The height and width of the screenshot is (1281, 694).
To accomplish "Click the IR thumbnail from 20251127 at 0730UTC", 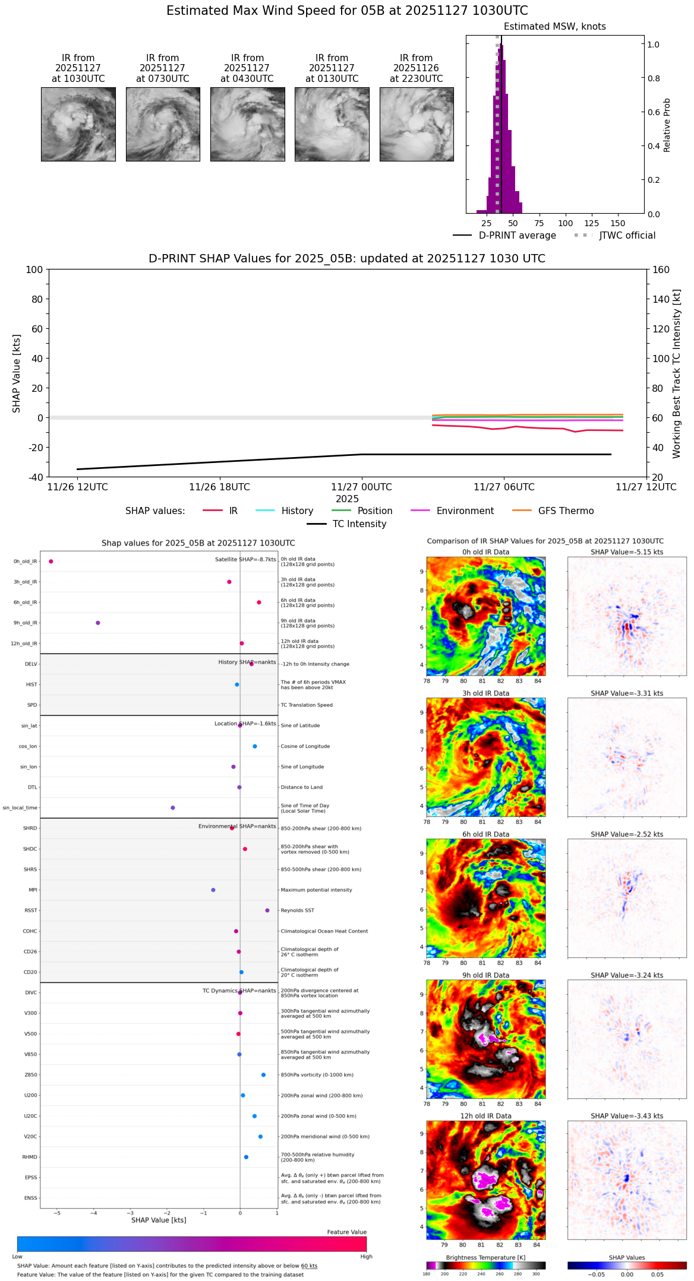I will tap(163, 124).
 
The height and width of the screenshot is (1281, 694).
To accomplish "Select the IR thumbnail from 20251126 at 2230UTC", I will tap(417, 124).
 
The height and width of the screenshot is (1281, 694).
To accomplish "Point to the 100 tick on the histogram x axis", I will tap(566, 223).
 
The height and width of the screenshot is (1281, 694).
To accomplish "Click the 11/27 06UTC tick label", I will tap(504, 487).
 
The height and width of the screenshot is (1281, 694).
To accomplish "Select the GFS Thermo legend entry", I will tap(566, 511).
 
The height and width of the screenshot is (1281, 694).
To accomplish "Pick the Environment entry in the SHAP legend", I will tap(465, 511).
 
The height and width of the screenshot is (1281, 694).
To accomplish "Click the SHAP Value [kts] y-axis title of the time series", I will tap(17, 373).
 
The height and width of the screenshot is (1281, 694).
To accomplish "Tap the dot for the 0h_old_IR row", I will tap(51, 561).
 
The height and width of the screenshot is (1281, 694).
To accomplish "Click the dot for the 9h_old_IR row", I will tap(98, 623).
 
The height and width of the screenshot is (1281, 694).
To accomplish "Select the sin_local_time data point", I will tap(173, 807).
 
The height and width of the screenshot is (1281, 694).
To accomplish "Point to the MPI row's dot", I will tap(213, 890).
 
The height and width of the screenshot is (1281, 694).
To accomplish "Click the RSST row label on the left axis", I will tap(31, 911).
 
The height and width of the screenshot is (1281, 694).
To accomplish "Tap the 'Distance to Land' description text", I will tap(301, 787).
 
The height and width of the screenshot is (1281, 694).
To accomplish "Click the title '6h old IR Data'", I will tap(485, 834).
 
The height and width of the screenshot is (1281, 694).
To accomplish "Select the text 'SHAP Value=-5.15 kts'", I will tap(627, 552).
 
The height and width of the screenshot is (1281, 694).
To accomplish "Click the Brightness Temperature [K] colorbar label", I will tap(485, 1257).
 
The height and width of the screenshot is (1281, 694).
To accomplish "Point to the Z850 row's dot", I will tap(263, 1075).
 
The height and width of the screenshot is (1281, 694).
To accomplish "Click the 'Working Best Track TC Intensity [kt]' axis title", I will tap(677, 373).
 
